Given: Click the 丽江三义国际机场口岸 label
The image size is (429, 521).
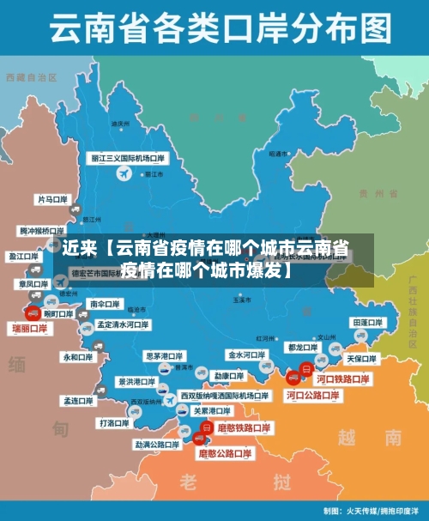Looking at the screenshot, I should (x=129, y=159).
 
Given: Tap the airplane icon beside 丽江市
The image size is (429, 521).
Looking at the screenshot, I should (x=124, y=174).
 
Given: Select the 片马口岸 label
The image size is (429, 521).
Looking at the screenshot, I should (x=51, y=199).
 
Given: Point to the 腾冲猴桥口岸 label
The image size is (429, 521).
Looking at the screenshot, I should (x=42, y=231).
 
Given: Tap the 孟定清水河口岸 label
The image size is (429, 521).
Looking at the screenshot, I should (x=123, y=325).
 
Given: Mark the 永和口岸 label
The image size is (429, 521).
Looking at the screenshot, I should (x=76, y=356).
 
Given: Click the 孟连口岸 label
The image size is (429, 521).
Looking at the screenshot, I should (x=77, y=400).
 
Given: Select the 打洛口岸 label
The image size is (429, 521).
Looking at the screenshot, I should (x=114, y=422).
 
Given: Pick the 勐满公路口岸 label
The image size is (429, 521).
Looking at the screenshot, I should (x=157, y=445).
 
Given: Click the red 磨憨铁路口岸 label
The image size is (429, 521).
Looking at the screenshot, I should (x=245, y=427).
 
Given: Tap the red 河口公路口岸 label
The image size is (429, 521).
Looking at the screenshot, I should (x=312, y=396).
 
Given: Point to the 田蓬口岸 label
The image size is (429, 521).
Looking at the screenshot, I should (x=367, y=322).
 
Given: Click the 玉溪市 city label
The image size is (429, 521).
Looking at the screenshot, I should (x=241, y=301).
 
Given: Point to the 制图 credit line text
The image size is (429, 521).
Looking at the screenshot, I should (x=371, y=510).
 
